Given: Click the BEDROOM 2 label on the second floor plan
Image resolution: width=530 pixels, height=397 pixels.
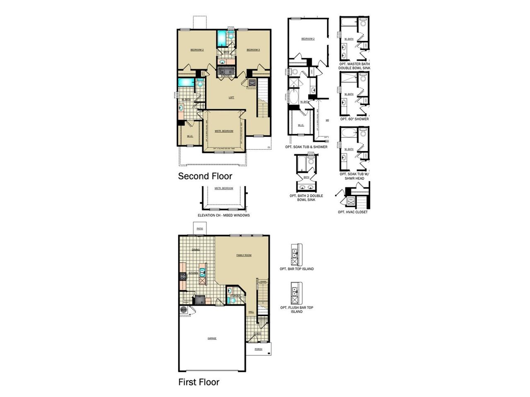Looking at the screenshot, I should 197,50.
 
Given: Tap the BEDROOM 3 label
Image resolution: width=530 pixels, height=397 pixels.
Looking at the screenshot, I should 253,50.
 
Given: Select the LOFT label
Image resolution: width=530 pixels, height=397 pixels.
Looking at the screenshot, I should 231,98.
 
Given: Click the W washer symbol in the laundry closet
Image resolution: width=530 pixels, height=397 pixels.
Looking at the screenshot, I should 223,72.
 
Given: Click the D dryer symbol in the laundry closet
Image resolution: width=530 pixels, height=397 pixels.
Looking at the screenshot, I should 231,72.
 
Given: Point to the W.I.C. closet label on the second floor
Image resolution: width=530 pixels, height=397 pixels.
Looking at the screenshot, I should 190,136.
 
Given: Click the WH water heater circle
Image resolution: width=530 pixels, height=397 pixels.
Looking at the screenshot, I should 183,309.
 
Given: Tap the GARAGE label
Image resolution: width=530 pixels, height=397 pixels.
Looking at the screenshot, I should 212,338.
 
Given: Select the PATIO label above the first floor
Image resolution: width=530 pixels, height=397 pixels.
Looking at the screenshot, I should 200,229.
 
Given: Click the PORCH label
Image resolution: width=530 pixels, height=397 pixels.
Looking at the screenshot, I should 258,349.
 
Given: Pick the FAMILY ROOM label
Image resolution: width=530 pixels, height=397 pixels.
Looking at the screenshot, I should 244,255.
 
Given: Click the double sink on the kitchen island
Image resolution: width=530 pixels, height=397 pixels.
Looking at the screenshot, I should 202,273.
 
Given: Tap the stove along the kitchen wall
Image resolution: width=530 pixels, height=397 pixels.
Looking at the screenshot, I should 182,277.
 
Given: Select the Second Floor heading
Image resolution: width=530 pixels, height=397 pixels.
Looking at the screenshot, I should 205,176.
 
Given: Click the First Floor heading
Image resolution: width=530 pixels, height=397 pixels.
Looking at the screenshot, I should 199,382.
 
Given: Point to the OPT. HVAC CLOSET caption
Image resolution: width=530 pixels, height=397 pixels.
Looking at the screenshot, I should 353,212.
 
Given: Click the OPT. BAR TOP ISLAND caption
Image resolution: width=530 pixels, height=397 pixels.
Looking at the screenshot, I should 296,269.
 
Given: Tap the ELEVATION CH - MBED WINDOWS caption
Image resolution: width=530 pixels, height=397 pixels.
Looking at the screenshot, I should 224,215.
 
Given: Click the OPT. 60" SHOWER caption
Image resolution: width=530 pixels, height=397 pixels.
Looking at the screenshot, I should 354,119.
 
